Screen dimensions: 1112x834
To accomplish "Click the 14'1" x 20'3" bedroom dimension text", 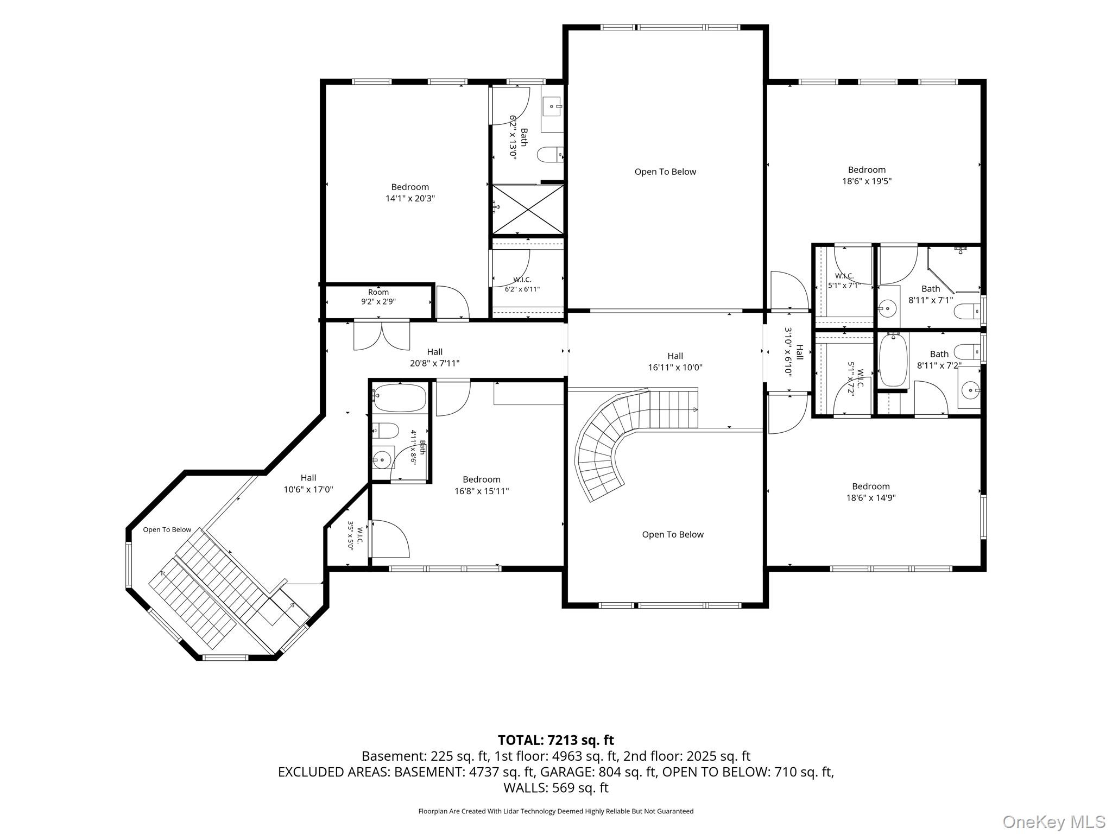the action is [410, 199].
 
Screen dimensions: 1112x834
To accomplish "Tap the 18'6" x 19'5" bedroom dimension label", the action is [867, 181].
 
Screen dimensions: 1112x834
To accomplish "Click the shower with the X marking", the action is [528, 210].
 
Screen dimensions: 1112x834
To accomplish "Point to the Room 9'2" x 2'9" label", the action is [378, 296].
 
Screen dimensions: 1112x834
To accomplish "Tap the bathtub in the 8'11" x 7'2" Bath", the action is [893, 361].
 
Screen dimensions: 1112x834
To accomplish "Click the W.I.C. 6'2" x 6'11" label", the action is [522, 285].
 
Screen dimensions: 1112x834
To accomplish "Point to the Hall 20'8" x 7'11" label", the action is [434, 358].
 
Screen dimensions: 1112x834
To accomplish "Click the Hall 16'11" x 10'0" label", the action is [675, 362].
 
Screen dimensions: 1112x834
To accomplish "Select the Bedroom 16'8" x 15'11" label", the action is [482, 485].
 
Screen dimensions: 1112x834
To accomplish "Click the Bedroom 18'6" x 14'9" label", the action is [871, 492].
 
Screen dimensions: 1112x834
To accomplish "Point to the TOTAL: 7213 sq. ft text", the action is [556, 740].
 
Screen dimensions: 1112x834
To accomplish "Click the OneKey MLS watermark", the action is [1053, 822].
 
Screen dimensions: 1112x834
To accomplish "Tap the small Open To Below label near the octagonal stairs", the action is [167, 529].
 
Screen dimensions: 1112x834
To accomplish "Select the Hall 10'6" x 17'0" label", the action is [308, 483].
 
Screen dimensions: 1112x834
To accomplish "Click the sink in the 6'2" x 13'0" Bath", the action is [553, 106].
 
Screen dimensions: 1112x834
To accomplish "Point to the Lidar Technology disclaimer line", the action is [556, 811].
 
